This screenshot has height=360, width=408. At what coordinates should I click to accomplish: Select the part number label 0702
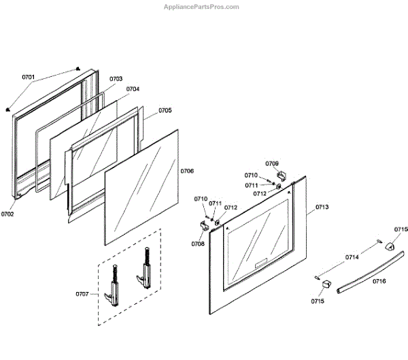(7, 214)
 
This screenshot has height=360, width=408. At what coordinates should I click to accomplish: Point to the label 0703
(116, 79)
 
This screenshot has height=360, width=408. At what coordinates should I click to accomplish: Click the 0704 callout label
(133, 89)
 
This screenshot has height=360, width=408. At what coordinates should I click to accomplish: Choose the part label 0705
(165, 110)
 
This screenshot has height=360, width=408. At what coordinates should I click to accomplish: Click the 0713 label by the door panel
(322, 207)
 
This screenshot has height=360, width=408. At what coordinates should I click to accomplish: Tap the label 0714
(352, 257)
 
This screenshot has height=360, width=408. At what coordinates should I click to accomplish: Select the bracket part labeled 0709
(284, 178)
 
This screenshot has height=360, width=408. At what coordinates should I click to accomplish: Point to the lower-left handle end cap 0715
(325, 283)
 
